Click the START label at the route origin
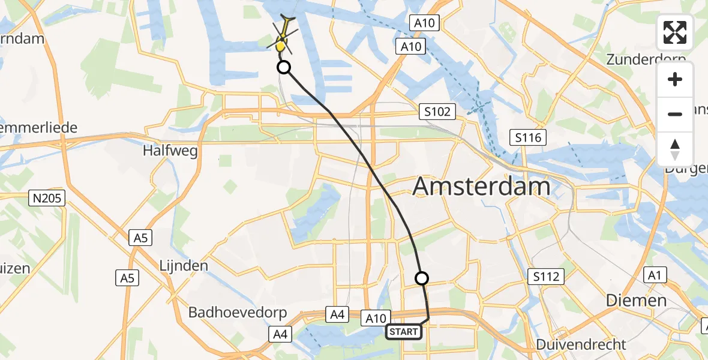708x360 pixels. pyautogui.click(x=403, y=331)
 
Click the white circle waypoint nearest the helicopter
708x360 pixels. pyautogui.click(x=284, y=67)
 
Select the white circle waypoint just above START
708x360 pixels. pyautogui.click(x=422, y=278)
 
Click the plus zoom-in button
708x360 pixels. pyautogui.click(x=675, y=80)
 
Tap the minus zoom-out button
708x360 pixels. pyautogui.click(x=675, y=114)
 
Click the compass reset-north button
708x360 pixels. pyautogui.click(x=675, y=149)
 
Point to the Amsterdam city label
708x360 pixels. pyautogui.click(x=482, y=187)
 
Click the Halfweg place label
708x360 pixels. pyautogui.click(x=170, y=151)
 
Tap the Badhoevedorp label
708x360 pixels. pyautogui.click(x=238, y=313)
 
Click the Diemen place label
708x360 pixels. pyautogui.click(x=636, y=300)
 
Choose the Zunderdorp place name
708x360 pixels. pyautogui.click(x=646, y=59)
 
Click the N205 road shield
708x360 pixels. pyautogui.click(x=47, y=197)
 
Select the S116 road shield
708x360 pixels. pyautogui.click(x=528, y=138)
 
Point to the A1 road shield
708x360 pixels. pyautogui.click(x=652, y=275)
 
